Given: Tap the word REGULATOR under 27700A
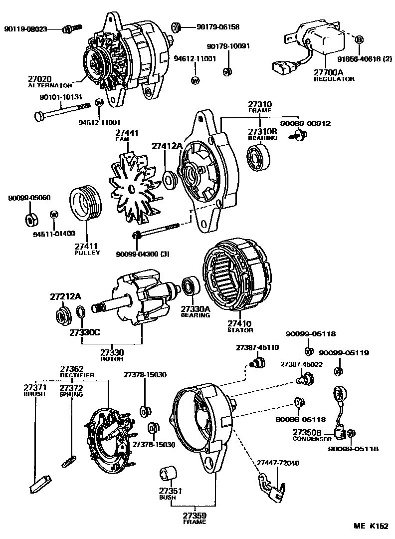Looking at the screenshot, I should pyautogui.click(x=334, y=79).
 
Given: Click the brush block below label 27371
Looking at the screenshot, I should pyautogui.click(x=39, y=482).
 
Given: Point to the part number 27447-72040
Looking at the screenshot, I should pyautogui.click(x=278, y=463).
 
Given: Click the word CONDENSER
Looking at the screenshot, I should pyautogui.click(x=312, y=439).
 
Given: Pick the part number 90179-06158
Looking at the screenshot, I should pyautogui.click(x=217, y=27).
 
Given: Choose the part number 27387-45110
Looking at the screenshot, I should pyautogui.click(x=257, y=347).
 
